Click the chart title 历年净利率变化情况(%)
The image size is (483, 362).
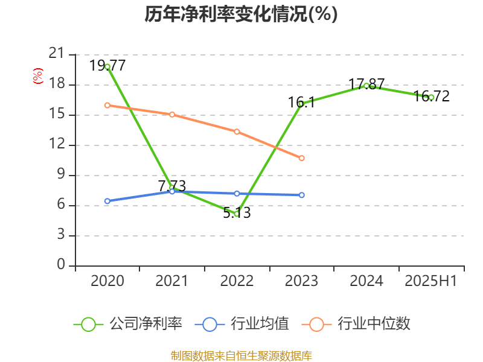tap(241, 14)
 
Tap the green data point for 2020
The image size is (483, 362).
tap(107, 66)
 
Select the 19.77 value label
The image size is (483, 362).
tap(107, 65)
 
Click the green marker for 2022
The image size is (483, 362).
tap(237, 214)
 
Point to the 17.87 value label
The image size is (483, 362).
tap(366, 84)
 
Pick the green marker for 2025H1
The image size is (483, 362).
tap(431, 97)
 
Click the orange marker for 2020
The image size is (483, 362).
tap(107, 105)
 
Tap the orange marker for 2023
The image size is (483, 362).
tap(302, 158)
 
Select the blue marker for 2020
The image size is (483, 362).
tap(107, 201)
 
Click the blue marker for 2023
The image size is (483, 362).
tap(302, 195)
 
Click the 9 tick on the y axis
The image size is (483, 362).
tap(60, 175)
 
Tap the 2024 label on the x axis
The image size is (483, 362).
tap(366, 281)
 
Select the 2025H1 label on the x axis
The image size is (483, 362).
tap(431, 281)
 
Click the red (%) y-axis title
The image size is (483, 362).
tap(37, 76)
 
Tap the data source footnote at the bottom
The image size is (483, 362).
tap(241, 355)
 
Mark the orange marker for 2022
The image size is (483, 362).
tap(237, 132)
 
